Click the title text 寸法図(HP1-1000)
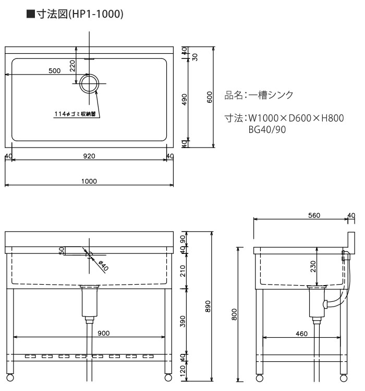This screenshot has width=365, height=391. (x=80, y=14)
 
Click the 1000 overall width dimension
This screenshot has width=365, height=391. (x=89, y=181)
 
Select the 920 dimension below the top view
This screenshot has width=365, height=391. (x=89, y=156)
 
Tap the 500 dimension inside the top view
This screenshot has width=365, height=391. (x=54, y=71)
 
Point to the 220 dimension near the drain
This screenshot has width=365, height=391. (x=72, y=66)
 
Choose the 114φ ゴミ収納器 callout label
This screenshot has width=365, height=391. (x=75, y=114)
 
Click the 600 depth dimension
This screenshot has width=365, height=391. (x=210, y=97)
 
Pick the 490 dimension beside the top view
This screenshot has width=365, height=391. (x=185, y=99)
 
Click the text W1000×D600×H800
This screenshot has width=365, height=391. (x=296, y=118)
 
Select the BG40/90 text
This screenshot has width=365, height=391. (x=267, y=130)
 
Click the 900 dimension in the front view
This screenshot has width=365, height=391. (x=104, y=333)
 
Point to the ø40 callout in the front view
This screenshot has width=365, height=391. (x=103, y=266)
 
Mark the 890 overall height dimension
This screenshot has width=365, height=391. (x=208, y=306)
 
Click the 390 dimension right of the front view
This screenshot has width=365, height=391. (x=183, y=321)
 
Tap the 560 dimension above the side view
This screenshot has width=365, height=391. (x=314, y=215)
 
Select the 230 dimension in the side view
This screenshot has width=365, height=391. (x=313, y=266)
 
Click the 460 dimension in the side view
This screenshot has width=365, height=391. (x=301, y=334)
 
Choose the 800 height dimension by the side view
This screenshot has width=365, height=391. (x=234, y=314)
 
